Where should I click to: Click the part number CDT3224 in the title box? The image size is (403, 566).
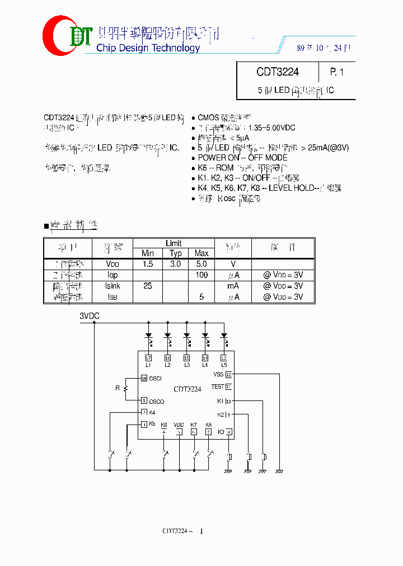[x=278, y=72]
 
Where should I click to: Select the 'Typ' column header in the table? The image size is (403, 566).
[x=175, y=253]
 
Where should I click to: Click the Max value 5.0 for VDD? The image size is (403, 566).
[x=201, y=264]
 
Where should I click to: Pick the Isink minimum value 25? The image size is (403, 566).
[x=148, y=286]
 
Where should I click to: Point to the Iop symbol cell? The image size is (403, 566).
[x=113, y=275]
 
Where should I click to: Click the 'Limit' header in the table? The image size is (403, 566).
[x=174, y=243]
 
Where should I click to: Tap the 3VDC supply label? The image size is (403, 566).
[x=90, y=316]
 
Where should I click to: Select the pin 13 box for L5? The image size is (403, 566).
[x=224, y=358]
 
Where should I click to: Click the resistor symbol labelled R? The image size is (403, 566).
[x=126, y=388]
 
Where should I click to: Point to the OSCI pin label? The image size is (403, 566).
[x=155, y=379]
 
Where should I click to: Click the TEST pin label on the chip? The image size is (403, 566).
[x=217, y=386]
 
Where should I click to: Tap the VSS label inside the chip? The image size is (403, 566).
[x=218, y=374]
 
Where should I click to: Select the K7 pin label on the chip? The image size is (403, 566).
[x=194, y=424]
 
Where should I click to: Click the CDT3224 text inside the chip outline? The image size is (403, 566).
[x=188, y=389]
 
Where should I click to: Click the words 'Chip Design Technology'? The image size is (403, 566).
[x=148, y=48]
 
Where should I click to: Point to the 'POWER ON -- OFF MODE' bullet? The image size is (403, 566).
[x=242, y=158]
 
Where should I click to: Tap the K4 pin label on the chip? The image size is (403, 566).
[x=152, y=413]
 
